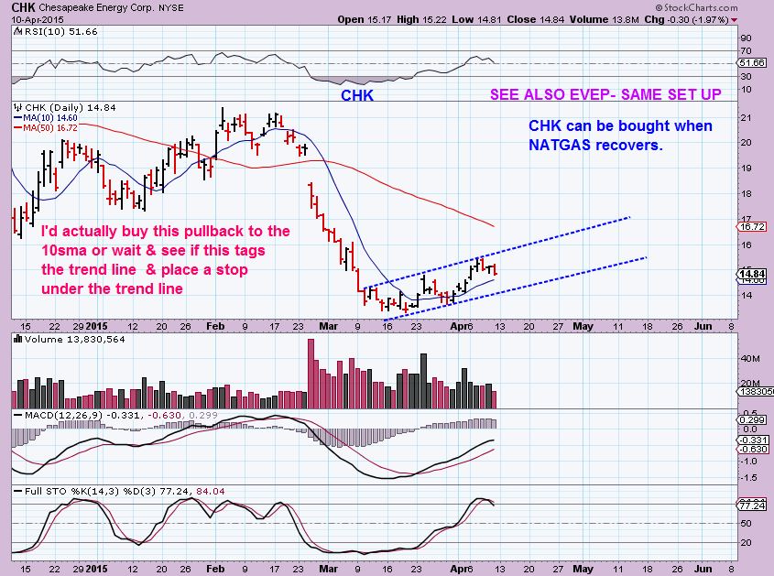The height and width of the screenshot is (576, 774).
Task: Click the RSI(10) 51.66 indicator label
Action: [x=44, y=30]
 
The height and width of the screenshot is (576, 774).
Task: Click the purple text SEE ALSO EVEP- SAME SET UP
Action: [x=605, y=94]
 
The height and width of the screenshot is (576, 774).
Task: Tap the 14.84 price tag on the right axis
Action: [x=754, y=273]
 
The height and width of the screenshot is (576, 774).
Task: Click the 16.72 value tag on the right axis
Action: [x=754, y=225]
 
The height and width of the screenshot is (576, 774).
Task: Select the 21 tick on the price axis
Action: [x=747, y=118]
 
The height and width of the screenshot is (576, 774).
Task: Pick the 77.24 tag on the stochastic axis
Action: [x=754, y=505]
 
